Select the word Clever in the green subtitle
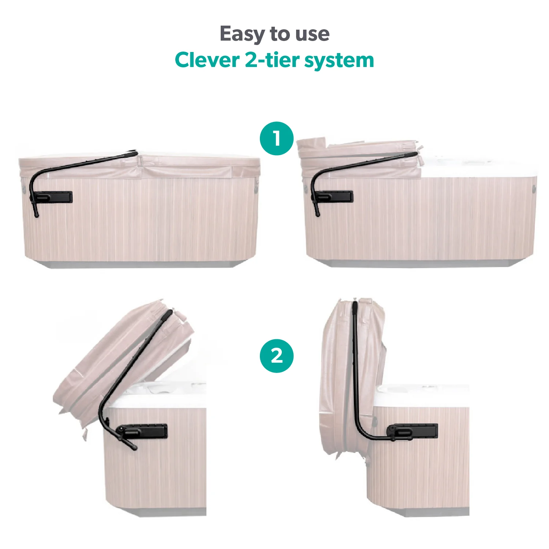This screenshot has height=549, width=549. pos(207,60)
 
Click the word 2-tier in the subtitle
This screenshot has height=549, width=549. pos(272,60)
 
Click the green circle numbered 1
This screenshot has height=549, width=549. pos(277,138)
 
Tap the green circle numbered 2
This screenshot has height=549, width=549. pos(277,356)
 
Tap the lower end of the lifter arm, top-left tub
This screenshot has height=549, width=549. pos(36,215)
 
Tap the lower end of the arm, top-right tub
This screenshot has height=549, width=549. pos(317,214)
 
